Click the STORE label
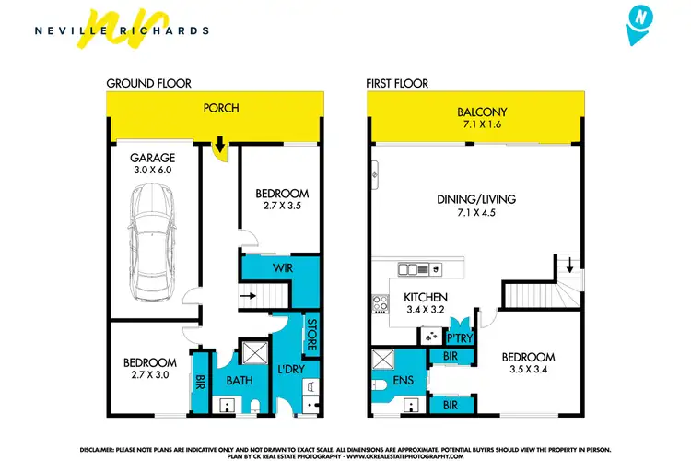(311, 335)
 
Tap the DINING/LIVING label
(476, 198)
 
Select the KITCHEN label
(426, 297)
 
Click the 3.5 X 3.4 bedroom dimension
(528, 370)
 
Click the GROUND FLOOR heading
(149, 83)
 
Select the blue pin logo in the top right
(641, 27)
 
